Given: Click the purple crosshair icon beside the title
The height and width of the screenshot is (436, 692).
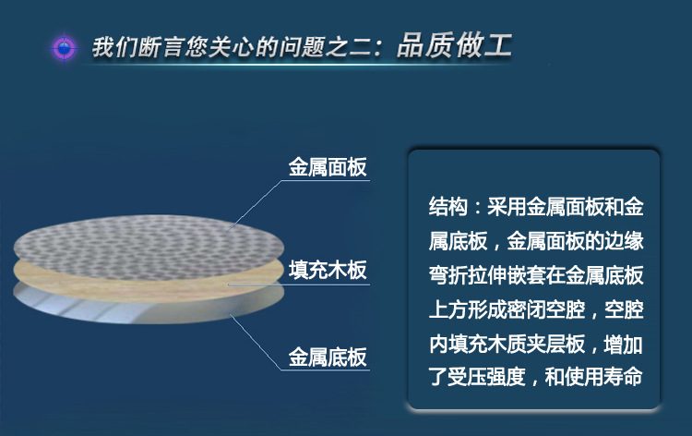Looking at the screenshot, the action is tap(65, 47).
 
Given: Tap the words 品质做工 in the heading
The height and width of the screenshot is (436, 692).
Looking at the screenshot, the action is tap(455, 46).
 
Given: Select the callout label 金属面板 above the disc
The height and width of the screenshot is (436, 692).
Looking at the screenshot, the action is tap(328, 167).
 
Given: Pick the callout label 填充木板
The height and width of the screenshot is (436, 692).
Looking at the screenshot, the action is tap(328, 270).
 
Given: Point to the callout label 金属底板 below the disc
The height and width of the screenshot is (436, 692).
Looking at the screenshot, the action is tap(328, 357).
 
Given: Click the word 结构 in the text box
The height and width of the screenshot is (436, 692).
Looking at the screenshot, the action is tap(447, 207).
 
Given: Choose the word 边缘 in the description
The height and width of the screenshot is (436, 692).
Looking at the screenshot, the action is tap(624, 241).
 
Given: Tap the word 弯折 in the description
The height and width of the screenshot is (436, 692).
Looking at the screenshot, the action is tap(447, 275).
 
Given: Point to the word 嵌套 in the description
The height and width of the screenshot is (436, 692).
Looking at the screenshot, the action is tap(527, 275).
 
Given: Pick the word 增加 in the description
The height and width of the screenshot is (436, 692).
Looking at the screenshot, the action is tap(624, 344).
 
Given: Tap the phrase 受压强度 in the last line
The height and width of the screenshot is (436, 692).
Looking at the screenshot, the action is tap(487, 377).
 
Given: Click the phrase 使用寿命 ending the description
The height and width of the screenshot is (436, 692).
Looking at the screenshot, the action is tap(604, 377).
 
